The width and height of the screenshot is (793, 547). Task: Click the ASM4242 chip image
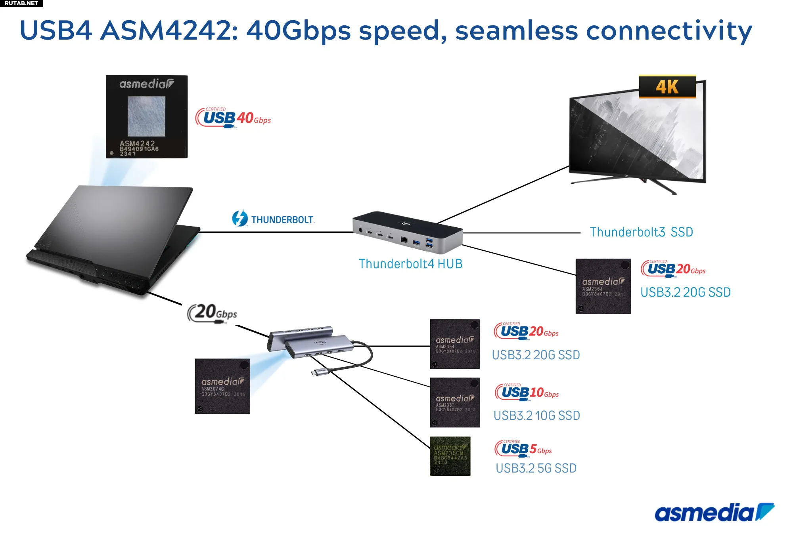click(x=147, y=116)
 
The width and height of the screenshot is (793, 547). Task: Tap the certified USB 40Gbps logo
click(x=233, y=118)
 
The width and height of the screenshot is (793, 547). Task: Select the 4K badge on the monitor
click(x=667, y=87)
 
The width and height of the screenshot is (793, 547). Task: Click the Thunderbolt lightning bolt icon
click(x=240, y=218)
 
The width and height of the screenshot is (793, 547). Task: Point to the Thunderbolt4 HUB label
click(x=410, y=264)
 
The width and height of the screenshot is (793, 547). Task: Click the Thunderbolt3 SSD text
click(x=641, y=232)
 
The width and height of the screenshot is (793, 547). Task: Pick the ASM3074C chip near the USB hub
click(x=222, y=386)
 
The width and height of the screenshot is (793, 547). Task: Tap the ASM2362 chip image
click(x=454, y=402)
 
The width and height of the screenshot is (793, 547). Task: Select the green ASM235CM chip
click(x=450, y=456)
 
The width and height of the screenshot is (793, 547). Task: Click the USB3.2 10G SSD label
click(x=536, y=415)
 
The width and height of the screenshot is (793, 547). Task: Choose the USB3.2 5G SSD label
click(x=536, y=468)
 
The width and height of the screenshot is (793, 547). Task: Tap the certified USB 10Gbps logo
click(x=527, y=393)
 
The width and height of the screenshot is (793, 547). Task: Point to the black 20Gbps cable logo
click(x=212, y=313)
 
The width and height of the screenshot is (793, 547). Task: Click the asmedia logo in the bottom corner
click(x=714, y=513)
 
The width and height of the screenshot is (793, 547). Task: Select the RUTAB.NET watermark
click(x=21, y=3)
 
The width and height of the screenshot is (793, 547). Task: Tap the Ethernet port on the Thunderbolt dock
click(x=404, y=239)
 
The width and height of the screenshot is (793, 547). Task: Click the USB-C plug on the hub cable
click(x=316, y=372)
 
